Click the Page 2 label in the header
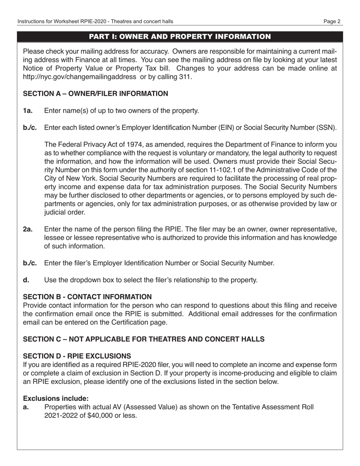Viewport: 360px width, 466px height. [x=332, y=22]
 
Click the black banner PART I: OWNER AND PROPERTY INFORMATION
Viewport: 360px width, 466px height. [x=180, y=36]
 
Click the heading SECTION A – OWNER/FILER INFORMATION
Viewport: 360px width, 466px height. [x=95, y=94]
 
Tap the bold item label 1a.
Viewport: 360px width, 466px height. [x=28, y=111]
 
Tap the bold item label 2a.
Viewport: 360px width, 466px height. [x=28, y=229]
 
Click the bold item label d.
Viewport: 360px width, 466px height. [x=25, y=280]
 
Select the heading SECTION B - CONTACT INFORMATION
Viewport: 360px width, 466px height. [x=88, y=297]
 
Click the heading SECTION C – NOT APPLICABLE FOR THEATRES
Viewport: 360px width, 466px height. [x=144, y=339]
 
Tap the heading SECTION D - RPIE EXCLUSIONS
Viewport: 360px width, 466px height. [x=77, y=356]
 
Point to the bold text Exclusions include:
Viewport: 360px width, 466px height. [x=56, y=399]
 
